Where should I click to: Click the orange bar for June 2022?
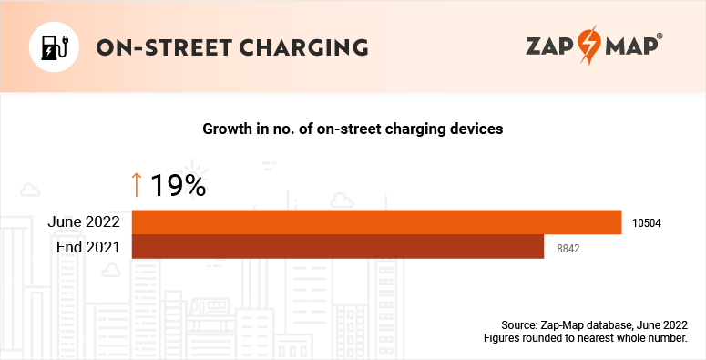376,221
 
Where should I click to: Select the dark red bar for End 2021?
337,247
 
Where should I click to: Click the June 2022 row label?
87,221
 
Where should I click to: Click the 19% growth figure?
179,185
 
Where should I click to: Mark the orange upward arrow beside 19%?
137,184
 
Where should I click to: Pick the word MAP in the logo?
629,46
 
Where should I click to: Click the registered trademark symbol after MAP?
660,36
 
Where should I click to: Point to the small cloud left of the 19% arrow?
29,190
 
